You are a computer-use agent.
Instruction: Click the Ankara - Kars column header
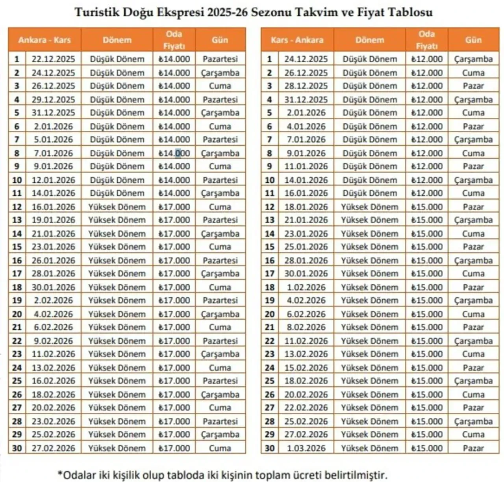[44, 40]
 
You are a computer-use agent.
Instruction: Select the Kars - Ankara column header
[297, 40]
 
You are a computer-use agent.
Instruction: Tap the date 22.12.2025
[53, 59]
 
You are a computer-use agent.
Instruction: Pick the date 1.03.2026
[306, 448]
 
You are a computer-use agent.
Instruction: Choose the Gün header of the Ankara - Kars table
[220, 40]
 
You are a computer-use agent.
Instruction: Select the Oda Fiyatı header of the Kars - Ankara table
[427, 40]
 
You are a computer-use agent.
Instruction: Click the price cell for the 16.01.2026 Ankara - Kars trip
[174, 207]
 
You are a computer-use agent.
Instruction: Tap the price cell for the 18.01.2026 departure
[427, 207]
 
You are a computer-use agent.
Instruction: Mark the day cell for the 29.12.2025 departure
[220, 100]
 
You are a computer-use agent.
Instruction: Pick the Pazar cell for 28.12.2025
[473, 86]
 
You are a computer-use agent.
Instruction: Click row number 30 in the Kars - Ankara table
[269, 448]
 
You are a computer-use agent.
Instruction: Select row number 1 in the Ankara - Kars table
[17, 59]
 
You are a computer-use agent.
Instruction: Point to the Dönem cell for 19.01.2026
[117, 220]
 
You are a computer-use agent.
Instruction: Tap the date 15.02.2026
[306, 368]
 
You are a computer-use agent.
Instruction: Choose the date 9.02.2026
[53, 341]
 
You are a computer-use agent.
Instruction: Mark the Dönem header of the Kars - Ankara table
[369, 40]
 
